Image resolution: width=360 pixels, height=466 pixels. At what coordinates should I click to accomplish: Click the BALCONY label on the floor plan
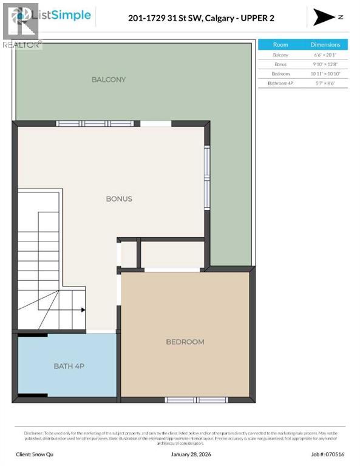click(109, 79)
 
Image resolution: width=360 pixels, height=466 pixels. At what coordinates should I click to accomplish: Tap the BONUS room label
click(118, 199)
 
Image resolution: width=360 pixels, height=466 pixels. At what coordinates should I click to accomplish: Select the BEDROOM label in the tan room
click(185, 342)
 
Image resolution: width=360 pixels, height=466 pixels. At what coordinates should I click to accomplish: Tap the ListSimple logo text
click(65, 15)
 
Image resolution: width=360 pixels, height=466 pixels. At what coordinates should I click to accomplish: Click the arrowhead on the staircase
click(83, 309)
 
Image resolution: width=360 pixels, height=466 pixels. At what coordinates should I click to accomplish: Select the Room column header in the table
click(280, 45)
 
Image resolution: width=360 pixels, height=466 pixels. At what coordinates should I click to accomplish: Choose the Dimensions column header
click(325, 45)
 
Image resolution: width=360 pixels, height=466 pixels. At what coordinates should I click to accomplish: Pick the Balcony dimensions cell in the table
click(325, 55)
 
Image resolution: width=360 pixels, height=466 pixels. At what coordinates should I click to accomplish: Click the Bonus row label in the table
click(280, 64)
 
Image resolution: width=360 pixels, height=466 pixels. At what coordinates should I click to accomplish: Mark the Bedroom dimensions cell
click(325, 73)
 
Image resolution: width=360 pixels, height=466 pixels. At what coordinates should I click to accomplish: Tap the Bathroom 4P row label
click(280, 83)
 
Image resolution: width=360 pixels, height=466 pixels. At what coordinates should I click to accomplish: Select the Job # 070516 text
click(328, 454)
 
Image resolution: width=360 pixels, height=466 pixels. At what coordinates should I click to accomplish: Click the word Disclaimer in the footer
click(34, 433)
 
